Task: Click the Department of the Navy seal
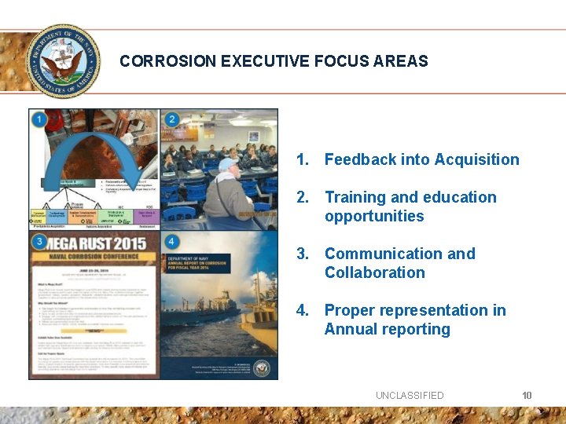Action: click(63, 60)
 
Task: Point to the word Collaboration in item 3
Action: click(374, 272)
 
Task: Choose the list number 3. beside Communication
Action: click(303, 254)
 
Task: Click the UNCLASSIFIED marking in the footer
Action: click(410, 395)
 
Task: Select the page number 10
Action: click(527, 395)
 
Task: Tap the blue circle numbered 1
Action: click(39, 120)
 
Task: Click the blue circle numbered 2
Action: click(171, 120)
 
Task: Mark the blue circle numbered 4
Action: click(171, 242)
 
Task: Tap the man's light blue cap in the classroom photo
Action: click(226, 163)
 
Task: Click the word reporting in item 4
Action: click(419, 329)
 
